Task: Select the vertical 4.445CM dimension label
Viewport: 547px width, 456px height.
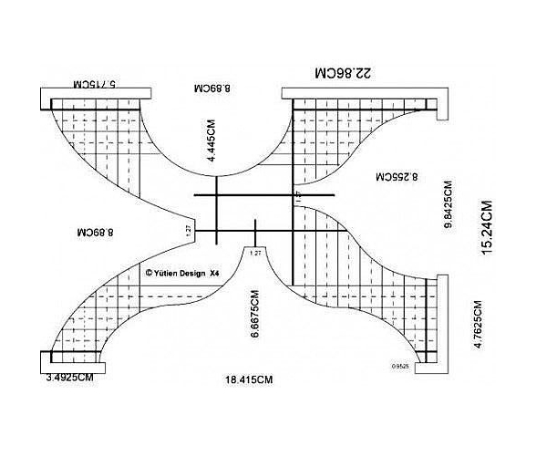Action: [212, 144]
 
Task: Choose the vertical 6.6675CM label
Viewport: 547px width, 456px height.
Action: [256, 316]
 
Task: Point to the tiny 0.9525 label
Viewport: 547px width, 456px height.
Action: [399, 367]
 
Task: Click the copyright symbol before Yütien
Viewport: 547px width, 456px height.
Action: [149, 272]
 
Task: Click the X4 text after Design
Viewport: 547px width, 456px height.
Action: [215, 272]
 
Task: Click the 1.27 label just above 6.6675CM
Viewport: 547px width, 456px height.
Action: [255, 253]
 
